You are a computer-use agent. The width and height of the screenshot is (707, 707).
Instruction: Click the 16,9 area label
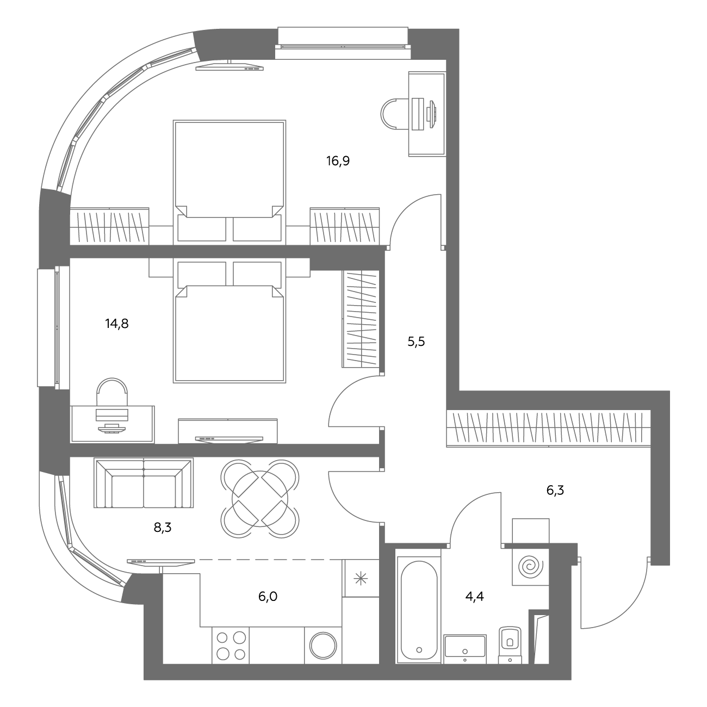coord(338,160)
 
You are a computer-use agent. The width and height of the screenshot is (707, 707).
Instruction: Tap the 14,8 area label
coord(117,324)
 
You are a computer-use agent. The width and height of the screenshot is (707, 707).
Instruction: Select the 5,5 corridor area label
coord(416,342)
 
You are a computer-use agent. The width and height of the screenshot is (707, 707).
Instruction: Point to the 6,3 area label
coord(555,490)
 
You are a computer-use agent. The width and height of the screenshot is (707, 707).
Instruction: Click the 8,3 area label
coord(163,528)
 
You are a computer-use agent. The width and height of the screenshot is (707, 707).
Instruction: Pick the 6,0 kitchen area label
coord(268,597)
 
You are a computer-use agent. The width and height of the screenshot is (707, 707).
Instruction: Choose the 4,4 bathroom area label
coord(475,597)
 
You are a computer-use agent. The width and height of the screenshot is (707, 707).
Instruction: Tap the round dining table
coord(260,499)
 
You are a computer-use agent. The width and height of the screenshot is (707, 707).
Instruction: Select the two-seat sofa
coord(144,482)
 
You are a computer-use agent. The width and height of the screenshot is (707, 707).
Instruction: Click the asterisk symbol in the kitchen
coord(360,579)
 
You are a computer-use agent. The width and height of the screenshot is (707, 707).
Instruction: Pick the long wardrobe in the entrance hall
coord(549,428)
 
